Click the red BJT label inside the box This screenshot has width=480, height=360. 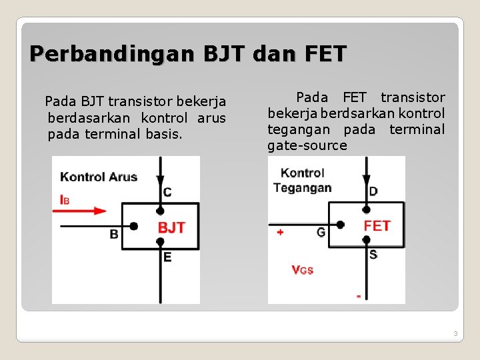(x=171, y=228)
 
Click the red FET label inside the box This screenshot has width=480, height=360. (x=377, y=226)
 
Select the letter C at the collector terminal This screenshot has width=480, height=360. (x=167, y=193)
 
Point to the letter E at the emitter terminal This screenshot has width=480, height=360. (x=167, y=257)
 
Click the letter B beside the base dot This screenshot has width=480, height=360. (x=114, y=234)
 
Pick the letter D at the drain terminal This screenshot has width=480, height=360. (x=373, y=191)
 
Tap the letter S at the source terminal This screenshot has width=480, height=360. (x=373, y=254)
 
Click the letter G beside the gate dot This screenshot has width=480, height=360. (x=321, y=232)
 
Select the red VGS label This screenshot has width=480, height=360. (x=302, y=270)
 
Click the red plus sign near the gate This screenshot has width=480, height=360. (x=280, y=232)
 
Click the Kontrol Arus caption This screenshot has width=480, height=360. (x=99, y=177)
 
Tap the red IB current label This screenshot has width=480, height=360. (x=65, y=199)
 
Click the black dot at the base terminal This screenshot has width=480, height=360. (x=133, y=227)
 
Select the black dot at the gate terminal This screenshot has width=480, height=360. (x=341, y=225)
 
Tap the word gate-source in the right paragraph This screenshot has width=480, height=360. (x=307, y=145)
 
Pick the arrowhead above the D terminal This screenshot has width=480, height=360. (x=366, y=181)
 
